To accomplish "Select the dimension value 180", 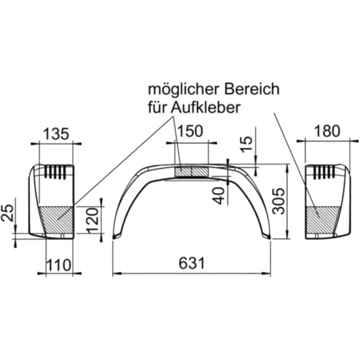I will (x=326, y=131).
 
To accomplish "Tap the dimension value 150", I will (x=190, y=132).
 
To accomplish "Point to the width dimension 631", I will (x=192, y=263).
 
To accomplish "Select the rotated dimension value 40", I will (x=220, y=194).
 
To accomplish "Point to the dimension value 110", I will (x=59, y=263).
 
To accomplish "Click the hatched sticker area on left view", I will (x=56, y=220).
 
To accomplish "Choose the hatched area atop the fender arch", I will (x=191, y=172).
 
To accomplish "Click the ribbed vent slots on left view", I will (x=55, y=172).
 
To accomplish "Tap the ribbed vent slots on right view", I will (x=324, y=172).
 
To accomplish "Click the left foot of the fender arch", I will (x=115, y=237).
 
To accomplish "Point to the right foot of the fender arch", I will (x=268, y=237).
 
